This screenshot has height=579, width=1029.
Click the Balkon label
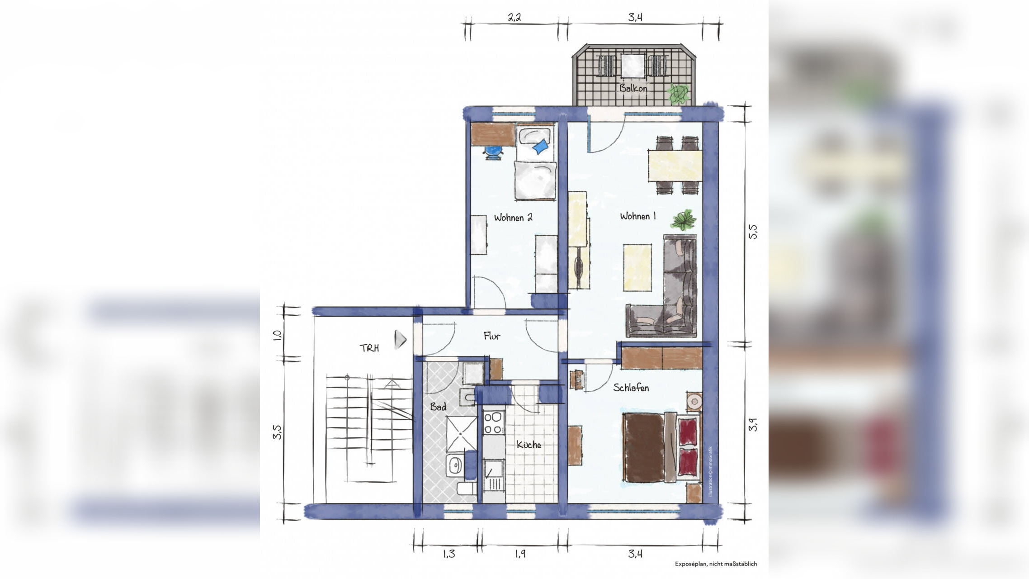pyautogui.click(x=633, y=88)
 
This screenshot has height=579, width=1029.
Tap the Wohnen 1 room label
pyautogui.click(x=637, y=216)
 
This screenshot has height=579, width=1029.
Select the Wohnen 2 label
pyautogui.click(x=513, y=218)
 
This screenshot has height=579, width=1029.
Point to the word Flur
pyautogui.click(x=492, y=336)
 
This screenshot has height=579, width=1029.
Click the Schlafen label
pyautogui.click(x=631, y=387)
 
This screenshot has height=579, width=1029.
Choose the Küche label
pyautogui.click(x=529, y=445)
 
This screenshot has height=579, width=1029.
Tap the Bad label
pyautogui.click(x=438, y=407)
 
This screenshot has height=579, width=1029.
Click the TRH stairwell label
pyautogui.click(x=369, y=348)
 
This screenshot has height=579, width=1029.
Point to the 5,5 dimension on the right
pyautogui.click(x=752, y=232)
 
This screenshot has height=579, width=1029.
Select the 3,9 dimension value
pyautogui.click(x=752, y=424)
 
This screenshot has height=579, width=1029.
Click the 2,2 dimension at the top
pyautogui.click(x=514, y=18)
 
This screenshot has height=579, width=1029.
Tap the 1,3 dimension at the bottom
pyautogui.click(x=448, y=554)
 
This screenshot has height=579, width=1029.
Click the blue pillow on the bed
pyautogui.click(x=540, y=146)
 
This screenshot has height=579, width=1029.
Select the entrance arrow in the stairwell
pyautogui.click(x=400, y=340)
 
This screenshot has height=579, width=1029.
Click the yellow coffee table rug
pyautogui.click(x=637, y=267)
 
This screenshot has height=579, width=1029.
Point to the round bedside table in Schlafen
pyautogui.click(x=694, y=401)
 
